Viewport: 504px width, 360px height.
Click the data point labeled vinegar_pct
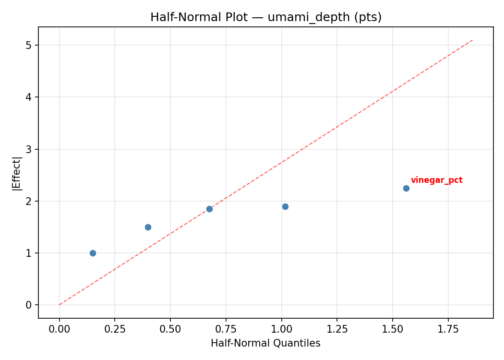click(x=406, y=188)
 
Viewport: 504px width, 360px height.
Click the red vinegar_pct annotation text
click(x=436, y=180)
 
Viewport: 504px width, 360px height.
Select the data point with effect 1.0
click(x=93, y=253)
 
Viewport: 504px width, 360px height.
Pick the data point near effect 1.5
click(x=148, y=227)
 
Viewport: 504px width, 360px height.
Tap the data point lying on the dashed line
click(x=209, y=209)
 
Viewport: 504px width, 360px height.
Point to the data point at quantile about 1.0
click(x=285, y=206)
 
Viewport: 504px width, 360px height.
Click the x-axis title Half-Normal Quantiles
click(x=265, y=343)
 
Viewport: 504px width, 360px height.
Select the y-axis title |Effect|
click(x=17, y=173)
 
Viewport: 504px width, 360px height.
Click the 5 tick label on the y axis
click(x=29, y=45)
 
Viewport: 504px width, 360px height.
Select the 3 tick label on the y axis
click(x=29, y=149)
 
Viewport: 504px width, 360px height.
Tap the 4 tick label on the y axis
click(x=29, y=97)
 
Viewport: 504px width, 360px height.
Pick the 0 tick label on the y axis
click(x=29, y=305)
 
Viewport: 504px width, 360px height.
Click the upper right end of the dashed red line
click(x=473, y=40)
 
